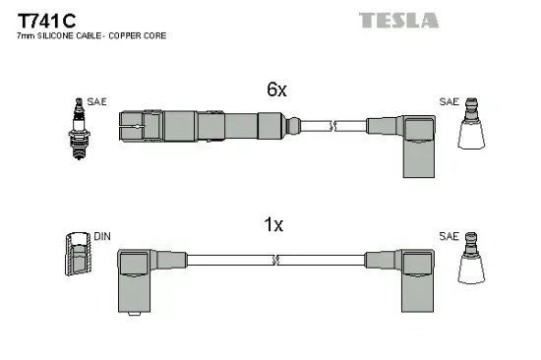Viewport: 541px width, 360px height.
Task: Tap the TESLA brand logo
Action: click(397, 20)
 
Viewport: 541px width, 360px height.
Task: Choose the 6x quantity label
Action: click(275, 90)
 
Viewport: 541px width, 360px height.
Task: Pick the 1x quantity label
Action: click(273, 225)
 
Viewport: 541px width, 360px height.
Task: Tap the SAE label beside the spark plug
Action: click(96, 100)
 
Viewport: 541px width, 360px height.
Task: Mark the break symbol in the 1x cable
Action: click(277, 260)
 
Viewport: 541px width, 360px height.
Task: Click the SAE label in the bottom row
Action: click(449, 237)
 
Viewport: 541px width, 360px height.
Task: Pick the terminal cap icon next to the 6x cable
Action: click(474, 126)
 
